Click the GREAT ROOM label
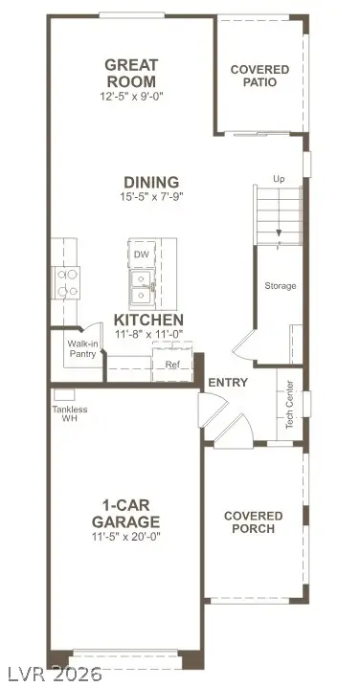coord(131,73)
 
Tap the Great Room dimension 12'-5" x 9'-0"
coord(131,97)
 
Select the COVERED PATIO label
coord(254,76)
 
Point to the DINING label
coord(150,182)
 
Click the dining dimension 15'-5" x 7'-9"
coord(150,198)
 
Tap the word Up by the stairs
coord(279,179)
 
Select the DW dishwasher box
coord(142,255)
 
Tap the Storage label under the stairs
coord(280,286)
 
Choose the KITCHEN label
coord(148,320)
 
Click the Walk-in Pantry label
coord(81,348)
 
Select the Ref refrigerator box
coord(172,365)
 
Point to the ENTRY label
coord(228,383)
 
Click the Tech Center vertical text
coord(289,406)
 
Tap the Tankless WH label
coord(69,414)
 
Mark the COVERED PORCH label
coord(254,522)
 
